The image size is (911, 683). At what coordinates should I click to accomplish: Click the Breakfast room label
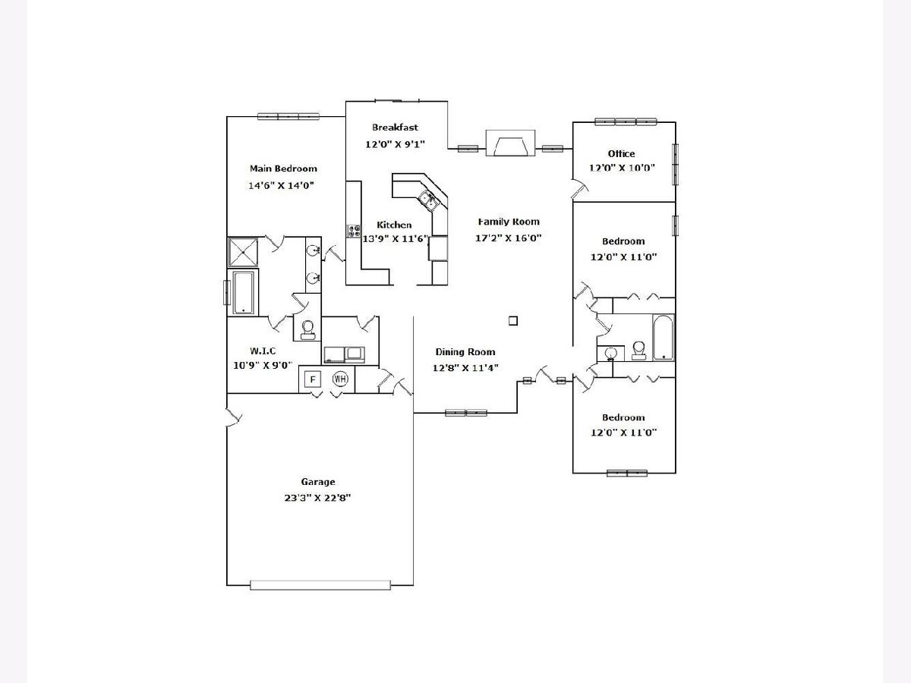tap(395, 127)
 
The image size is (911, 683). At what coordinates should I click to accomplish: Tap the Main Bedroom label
tap(283, 168)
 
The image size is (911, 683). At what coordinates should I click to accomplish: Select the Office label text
tap(621, 154)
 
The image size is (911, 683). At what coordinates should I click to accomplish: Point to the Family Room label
tap(509, 222)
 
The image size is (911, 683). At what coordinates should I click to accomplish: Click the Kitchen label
tap(395, 225)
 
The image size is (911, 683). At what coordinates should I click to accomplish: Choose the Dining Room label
tap(465, 352)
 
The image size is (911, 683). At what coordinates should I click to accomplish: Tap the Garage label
tap(317, 482)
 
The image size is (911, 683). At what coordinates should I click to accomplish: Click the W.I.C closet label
tap(263, 351)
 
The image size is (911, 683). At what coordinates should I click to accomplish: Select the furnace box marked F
tap(312, 379)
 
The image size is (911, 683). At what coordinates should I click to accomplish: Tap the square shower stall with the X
tap(244, 252)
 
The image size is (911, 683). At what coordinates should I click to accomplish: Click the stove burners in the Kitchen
tap(354, 231)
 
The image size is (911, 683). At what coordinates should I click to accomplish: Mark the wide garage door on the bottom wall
tap(320, 584)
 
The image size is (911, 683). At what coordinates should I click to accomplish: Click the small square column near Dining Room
tap(513, 321)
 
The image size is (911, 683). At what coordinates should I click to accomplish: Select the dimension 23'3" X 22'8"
tap(317, 498)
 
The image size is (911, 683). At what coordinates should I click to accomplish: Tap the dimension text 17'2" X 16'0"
tap(509, 238)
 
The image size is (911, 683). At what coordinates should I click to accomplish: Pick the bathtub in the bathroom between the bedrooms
tap(664, 337)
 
